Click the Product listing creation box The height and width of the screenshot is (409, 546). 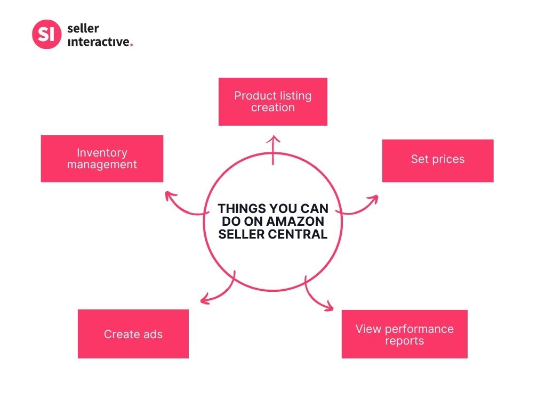point(272,102)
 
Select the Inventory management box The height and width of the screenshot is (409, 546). point(102,159)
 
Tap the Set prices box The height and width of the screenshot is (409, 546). point(437,160)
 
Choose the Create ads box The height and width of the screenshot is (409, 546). point(133,334)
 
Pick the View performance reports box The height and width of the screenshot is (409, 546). point(404,334)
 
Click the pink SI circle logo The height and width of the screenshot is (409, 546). point(47,35)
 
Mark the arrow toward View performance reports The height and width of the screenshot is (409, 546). point(317,297)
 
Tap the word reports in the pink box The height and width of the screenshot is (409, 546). point(404,340)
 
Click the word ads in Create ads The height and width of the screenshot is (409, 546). point(151,334)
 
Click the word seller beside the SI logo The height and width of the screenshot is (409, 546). point(83,28)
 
